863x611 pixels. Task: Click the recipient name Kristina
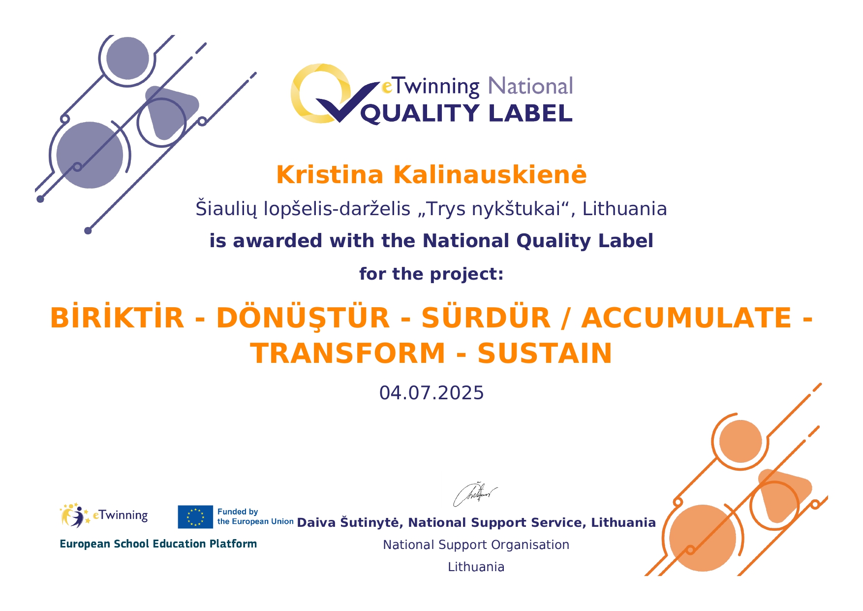click(x=330, y=175)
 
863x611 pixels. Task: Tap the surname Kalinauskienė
click(x=490, y=175)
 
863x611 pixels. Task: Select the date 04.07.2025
click(x=431, y=393)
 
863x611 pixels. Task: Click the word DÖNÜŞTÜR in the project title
click(x=303, y=318)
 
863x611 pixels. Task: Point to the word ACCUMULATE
click(x=686, y=318)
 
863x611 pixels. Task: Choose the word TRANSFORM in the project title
click(x=348, y=354)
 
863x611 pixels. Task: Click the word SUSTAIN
click(x=545, y=354)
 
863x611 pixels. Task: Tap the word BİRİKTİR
click(x=117, y=318)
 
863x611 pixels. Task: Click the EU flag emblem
click(x=195, y=517)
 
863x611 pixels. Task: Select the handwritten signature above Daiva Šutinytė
click(x=475, y=494)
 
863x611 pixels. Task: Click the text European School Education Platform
click(x=158, y=544)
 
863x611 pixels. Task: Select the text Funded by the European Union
click(x=255, y=517)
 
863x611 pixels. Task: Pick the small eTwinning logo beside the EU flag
click(x=104, y=515)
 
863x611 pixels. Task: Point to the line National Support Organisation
click(x=476, y=545)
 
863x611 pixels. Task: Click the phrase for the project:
click(x=431, y=274)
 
